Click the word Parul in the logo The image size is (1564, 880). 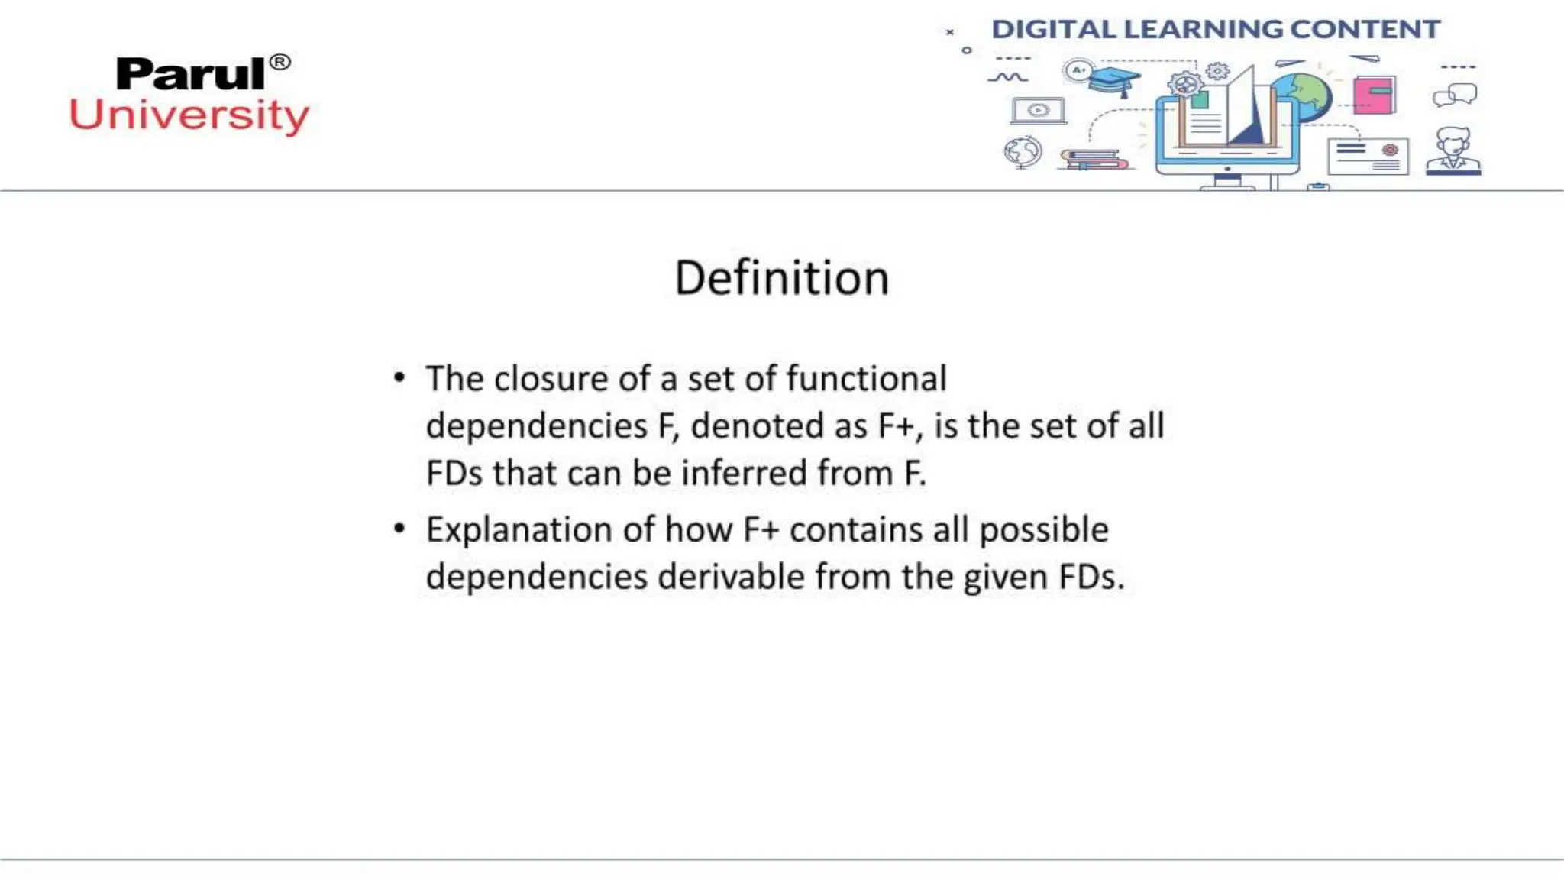(x=190, y=74)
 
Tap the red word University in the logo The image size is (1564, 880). (x=189, y=115)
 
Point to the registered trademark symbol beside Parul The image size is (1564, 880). (x=280, y=62)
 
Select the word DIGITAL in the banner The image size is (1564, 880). (x=1053, y=29)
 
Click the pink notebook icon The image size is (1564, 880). (x=1374, y=95)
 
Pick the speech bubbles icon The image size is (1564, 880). (x=1455, y=95)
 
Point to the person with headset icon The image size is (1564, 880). (x=1453, y=151)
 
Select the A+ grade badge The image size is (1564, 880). (x=1078, y=71)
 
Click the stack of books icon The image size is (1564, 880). (x=1094, y=160)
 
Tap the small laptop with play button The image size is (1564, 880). (x=1038, y=111)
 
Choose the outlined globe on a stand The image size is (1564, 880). (x=1023, y=152)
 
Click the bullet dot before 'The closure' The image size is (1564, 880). (x=399, y=377)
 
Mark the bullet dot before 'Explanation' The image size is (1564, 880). (x=399, y=528)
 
